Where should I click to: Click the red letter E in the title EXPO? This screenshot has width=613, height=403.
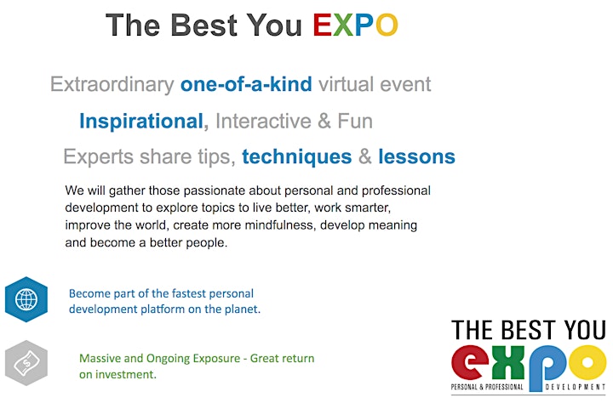coord(322,25)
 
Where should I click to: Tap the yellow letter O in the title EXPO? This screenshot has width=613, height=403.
coord(387,25)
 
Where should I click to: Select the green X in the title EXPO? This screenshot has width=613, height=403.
coord(343,25)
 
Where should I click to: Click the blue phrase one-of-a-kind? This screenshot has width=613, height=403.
coord(246,84)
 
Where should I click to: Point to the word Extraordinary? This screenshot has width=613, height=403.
coord(112,85)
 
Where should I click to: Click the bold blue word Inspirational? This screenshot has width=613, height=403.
coord(141,122)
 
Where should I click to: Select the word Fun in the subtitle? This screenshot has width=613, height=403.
coord(355,121)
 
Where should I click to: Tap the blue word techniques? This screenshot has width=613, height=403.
coord(297,157)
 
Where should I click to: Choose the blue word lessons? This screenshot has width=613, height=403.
coord(416,156)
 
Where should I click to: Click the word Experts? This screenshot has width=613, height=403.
coord(99,157)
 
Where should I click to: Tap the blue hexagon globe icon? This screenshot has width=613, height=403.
coord(26,299)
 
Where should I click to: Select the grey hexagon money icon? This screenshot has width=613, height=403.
coord(26,363)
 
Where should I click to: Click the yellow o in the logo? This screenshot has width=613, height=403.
coord(587,362)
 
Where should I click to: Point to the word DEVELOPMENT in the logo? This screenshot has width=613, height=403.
coord(575,387)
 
